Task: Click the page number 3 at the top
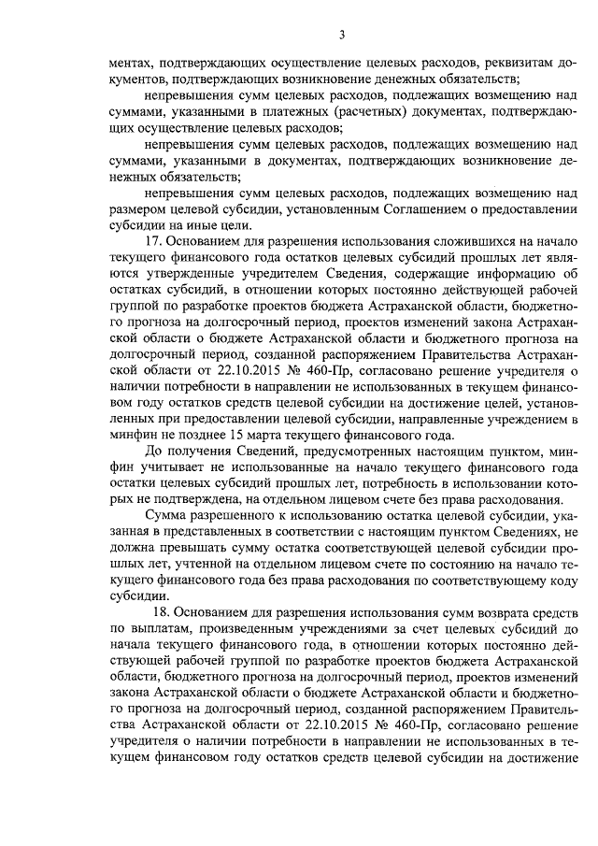point(342,36)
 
